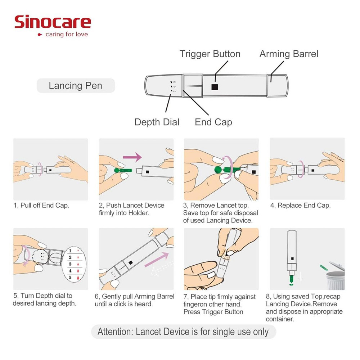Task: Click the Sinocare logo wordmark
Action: point(53,22)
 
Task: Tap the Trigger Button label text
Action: point(210,54)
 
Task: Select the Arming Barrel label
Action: point(289,54)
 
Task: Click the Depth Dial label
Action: point(157,122)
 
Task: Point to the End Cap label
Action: point(213,122)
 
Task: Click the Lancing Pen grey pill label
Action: point(76,86)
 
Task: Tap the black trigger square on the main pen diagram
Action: point(215,87)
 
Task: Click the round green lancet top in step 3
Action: point(219,170)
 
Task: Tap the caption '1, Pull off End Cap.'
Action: point(41,206)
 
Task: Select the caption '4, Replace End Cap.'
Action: point(300,206)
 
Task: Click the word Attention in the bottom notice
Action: point(114,332)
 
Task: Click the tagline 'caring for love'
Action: point(67,35)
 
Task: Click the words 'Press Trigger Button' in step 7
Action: point(213,312)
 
